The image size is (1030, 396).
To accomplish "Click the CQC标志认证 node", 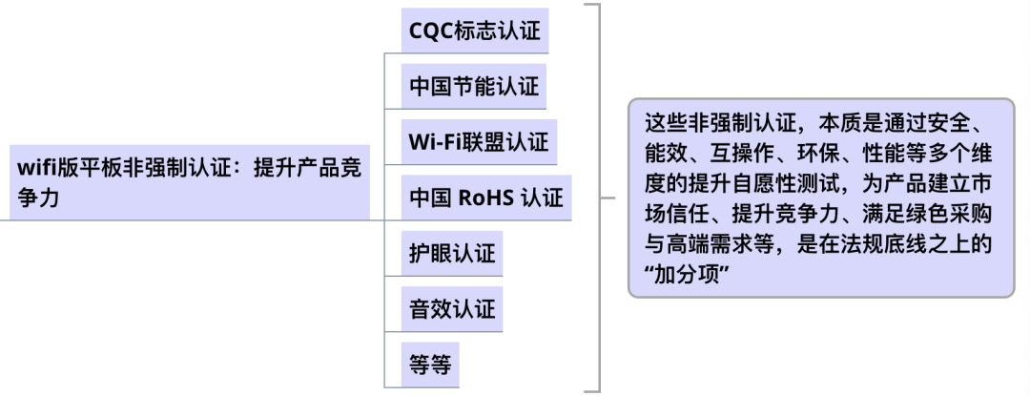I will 475,31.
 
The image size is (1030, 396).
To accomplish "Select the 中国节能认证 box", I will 474,87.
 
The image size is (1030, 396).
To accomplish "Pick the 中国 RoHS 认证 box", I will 485,198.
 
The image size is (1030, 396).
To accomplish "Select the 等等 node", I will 430,364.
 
